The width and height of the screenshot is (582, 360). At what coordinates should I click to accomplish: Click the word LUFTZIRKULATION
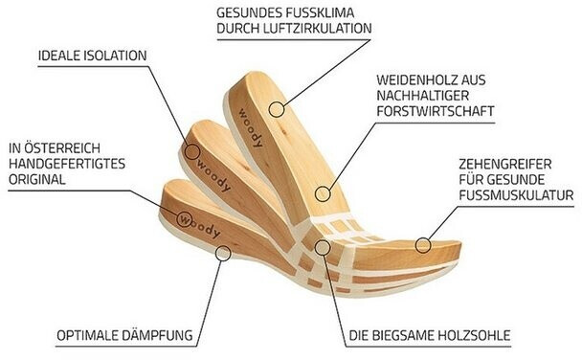323,29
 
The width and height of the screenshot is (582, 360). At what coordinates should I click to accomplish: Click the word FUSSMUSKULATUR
516,196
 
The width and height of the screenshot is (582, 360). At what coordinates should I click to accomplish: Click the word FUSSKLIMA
331,12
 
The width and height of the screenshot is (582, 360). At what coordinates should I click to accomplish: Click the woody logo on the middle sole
213,170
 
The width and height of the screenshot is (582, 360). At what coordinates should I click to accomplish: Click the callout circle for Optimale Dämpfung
223,252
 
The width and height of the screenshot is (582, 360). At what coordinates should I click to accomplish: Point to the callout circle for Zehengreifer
421,243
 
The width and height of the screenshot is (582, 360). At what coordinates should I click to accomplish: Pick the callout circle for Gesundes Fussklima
277,110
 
